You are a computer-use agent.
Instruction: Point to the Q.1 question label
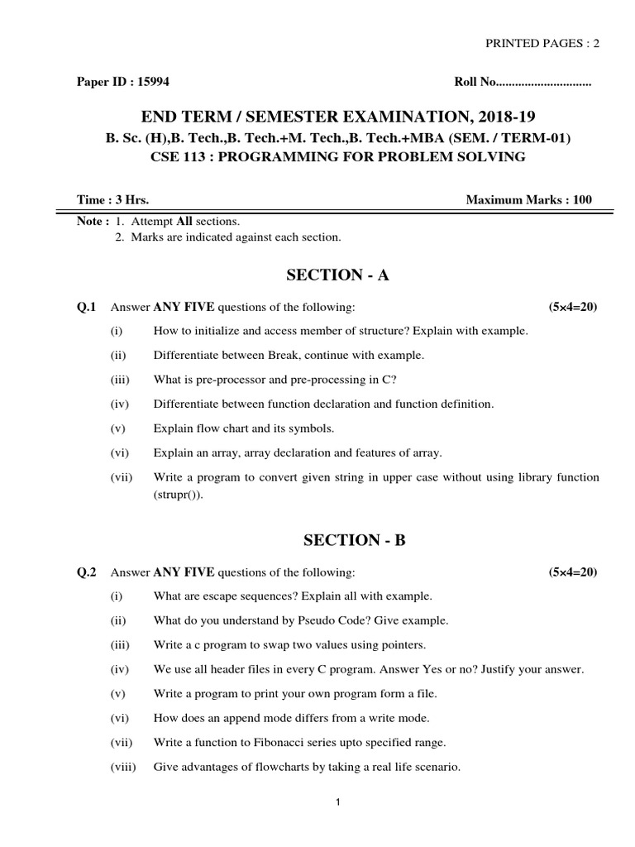click(x=87, y=307)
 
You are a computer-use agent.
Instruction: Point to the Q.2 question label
click(x=87, y=572)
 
